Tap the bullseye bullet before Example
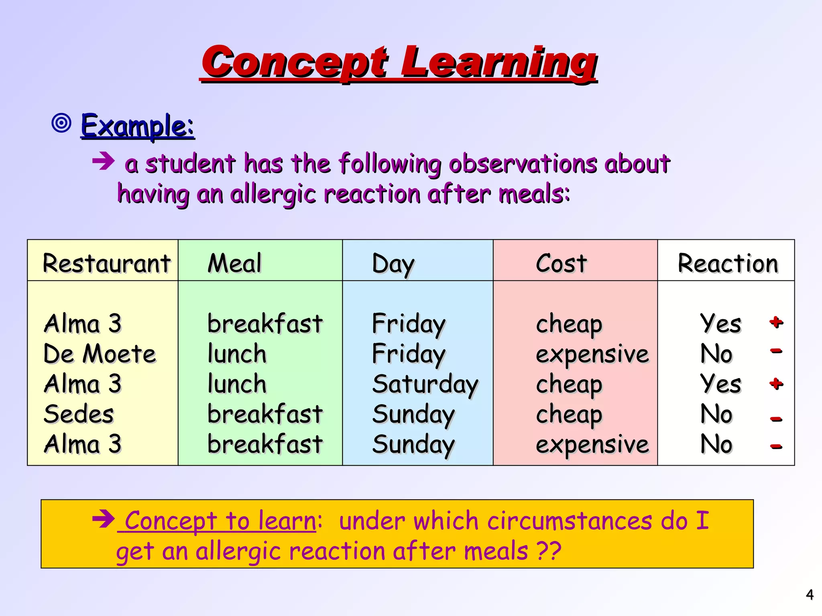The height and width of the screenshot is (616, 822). click(x=61, y=123)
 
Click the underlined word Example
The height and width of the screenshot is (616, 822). click(x=137, y=126)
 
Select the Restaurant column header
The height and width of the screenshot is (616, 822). click(x=106, y=263)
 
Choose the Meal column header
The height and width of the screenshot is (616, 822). click(x=234, y=263)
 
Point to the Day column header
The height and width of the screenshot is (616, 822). click(x=393, y=264)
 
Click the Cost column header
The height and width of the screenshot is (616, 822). click(x=561, y=263)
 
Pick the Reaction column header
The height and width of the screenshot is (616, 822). click(x=728, y=263)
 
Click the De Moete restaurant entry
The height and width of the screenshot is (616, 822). click(x=100, y=354)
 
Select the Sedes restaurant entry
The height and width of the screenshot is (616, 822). click(x=79, y=414)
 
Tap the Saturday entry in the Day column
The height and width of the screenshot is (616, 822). click(x=425, y=384)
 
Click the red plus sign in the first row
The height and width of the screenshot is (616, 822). click(x=776, y=322)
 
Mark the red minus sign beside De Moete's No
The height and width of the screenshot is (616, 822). click(x=776, y=351)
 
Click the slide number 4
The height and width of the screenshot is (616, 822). click(x=810, y=594)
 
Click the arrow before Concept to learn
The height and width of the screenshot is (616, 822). click(x=103, y=519)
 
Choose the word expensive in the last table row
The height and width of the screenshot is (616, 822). click(x=592, y=444)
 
